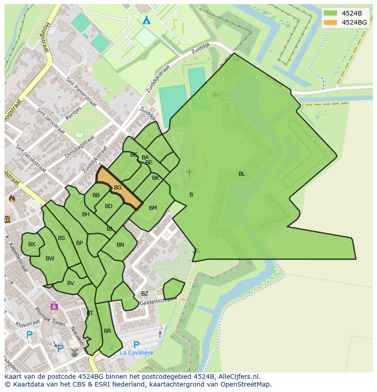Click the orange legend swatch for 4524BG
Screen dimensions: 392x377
(x=331, y=22)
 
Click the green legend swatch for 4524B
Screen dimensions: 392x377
(x=331, y=13)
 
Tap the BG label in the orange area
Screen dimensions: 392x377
(x=117, y=188)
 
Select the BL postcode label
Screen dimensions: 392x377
(x=242, y=174)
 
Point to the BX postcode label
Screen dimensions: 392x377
(x=32, y=244)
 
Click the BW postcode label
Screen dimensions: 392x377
(x=50, y=259)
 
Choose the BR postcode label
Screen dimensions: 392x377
(x=107, y=331)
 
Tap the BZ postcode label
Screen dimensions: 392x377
(x=144, y=294)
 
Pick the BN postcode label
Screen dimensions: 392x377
(x=120, y=245)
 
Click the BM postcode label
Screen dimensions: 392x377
(x=153, y=208)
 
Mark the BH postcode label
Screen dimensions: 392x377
(x=86, y=214)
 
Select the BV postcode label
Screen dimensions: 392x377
(x=71, y=283)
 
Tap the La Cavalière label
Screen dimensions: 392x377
(x=137, y=352)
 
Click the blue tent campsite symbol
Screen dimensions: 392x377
(x=146, y=20)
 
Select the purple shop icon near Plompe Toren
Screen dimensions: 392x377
(x=54, y=305)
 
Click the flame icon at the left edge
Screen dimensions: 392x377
(x=12, y=199)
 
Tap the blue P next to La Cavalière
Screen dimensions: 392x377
(x=136, y=345)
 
